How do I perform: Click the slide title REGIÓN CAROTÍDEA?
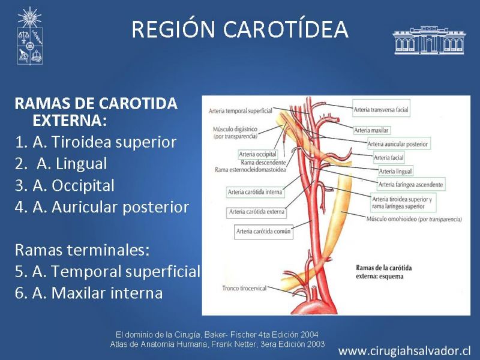240,29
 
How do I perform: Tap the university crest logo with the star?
29,36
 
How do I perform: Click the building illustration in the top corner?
429,40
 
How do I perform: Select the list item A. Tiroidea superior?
95,142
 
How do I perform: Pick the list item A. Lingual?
61,164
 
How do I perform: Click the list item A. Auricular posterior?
101,207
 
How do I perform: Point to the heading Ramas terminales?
82,250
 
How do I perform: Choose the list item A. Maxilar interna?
89,293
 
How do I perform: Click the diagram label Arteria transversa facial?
381,110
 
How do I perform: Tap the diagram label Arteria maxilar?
371,130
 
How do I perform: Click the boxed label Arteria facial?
388,158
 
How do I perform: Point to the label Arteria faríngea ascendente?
411,184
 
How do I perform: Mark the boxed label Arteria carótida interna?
255,192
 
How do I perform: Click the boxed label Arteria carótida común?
263,232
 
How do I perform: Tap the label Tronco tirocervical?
245,288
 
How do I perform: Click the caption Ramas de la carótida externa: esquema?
384,272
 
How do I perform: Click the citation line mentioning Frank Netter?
217,344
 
